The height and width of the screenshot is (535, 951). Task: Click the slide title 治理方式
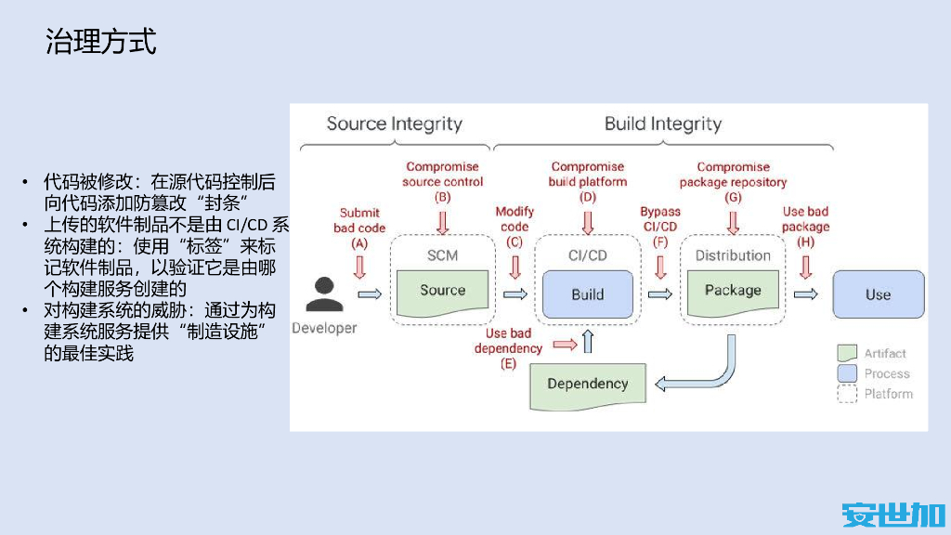tap(101, 42)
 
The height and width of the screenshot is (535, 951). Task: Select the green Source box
tap(442, 291)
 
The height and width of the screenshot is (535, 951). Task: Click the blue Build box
tap(587, 294)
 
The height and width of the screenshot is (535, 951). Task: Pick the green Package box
tap(732, 291)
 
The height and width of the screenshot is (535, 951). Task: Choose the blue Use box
tap(878, 294)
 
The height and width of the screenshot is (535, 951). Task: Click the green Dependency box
tap(587, 384)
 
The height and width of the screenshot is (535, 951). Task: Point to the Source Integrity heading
tap(394, 124)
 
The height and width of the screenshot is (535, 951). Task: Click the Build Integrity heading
tap(662, 124)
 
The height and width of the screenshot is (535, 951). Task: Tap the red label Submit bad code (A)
tap(359, 228)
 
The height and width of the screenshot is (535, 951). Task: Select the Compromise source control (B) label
tap(442, 182)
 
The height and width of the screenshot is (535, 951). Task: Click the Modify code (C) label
tap(515, 228)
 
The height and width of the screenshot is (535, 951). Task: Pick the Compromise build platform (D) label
tap(587, 182)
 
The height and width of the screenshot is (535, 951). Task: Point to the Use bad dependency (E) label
tap(508, 348)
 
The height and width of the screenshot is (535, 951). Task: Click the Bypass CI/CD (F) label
tap(660, 228)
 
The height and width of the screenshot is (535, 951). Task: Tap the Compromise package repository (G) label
tap(733, 182)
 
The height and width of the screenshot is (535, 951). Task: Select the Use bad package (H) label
tap(805, 228)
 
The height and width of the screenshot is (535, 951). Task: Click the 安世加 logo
tap(892, 514)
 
